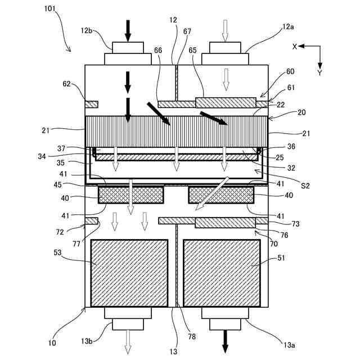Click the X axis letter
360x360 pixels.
(x=294, y=47)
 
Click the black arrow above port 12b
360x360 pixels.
(x=128, y=30)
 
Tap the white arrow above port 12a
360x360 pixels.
(x=225, y=30)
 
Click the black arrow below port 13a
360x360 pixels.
(x=225, y=341)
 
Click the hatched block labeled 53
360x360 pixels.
(x=129, y=273)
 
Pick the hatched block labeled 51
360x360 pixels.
(x=222, y=273)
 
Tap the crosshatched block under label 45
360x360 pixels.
(x=130, y=195)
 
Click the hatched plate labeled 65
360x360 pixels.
(x=226, y=102)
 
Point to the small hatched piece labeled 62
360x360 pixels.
(x=91, y=104)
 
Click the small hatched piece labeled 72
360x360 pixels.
(x=91, y=220)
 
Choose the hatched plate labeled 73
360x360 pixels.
(x=224, y=223)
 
